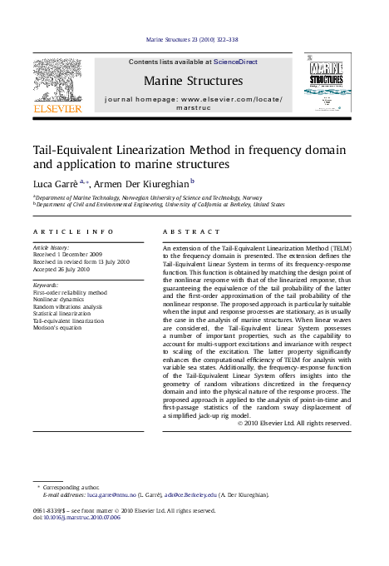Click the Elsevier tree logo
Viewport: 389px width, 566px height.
click(x=57, y=80)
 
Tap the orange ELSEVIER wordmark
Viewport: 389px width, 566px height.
click(x=57, y=108)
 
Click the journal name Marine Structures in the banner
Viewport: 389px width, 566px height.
click(x=194, y=81)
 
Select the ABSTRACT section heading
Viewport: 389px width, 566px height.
click(x=192, y=231)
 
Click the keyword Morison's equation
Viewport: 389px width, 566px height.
click(x=57, y=327)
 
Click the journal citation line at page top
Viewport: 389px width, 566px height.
click(x=192, y=39)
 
